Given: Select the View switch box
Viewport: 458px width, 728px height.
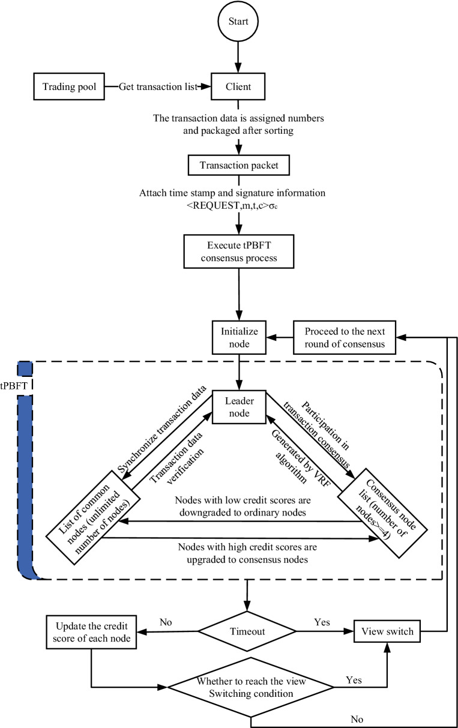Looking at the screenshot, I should tap(387, 631).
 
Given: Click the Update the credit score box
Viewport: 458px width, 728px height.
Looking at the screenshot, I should tap(91, 631).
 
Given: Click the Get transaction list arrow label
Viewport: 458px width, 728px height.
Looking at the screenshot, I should tap(157, 88).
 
